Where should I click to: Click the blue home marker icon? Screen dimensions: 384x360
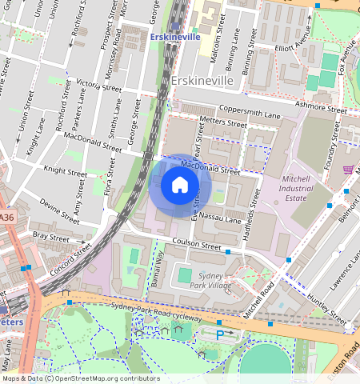point(180,186)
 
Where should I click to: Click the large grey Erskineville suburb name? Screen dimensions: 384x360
point(212,82)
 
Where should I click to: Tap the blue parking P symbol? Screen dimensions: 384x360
point(220,334)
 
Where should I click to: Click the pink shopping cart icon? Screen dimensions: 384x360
point(348,170)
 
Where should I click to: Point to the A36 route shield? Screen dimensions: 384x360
point(7,218)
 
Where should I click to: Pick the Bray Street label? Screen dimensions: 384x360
point(51,237)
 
